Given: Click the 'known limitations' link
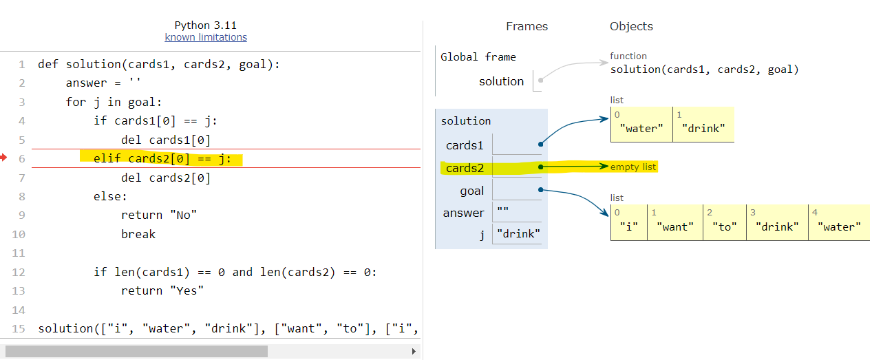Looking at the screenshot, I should (x=206, y=37).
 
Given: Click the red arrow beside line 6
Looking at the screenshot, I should (x=3, y=158).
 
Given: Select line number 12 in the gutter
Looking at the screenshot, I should (x=19, y=272).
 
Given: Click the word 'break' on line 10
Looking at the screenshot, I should (x=138, y=234).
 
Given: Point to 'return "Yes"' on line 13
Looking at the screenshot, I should (x=162, y=290).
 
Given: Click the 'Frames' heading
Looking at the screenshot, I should (x=527, y=26).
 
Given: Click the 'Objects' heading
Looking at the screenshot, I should (x=631, y=26).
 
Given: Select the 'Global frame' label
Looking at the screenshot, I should (x=478, y=57).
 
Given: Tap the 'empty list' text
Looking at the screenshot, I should (x=633, y=167).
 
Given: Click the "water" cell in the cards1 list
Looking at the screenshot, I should (x=641, y=127).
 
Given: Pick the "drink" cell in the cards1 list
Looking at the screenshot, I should (x=703, y=127).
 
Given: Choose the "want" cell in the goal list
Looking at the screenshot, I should (x=675, y=226).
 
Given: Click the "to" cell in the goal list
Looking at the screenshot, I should (x=725, y=226).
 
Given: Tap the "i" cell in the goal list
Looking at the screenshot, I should (x=628, y=226).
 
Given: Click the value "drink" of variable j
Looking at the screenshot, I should (x=518, y=235).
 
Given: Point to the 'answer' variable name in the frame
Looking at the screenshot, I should (x=463, y=213).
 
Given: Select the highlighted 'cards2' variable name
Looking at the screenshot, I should (x=465, y=168).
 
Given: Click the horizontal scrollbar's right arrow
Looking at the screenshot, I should (x=414, y=351).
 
